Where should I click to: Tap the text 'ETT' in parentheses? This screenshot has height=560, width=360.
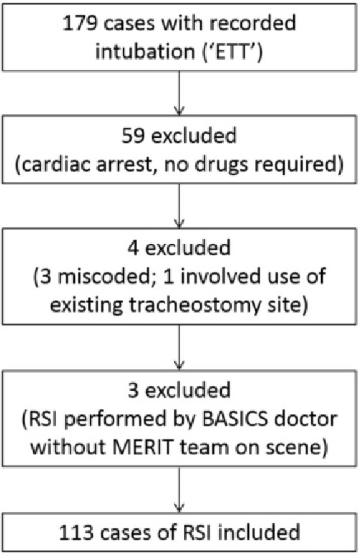coord(231,52)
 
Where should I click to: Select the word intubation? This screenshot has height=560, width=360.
coord(145,52)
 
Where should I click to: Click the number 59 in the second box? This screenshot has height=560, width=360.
coord(133,136)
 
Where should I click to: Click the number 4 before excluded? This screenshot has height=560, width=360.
coord(133,248)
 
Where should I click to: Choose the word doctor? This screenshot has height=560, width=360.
coord(305,418)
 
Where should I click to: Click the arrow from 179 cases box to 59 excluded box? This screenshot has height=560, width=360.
coord(179,93)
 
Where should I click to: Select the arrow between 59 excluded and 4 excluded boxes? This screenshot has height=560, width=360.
coord(179,206)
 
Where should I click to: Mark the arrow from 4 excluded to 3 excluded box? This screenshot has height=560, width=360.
coord(179,347)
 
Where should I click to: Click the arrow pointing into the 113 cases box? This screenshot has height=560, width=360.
coord(179,489)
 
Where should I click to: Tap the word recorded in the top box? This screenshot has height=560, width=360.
coord(253,24)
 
